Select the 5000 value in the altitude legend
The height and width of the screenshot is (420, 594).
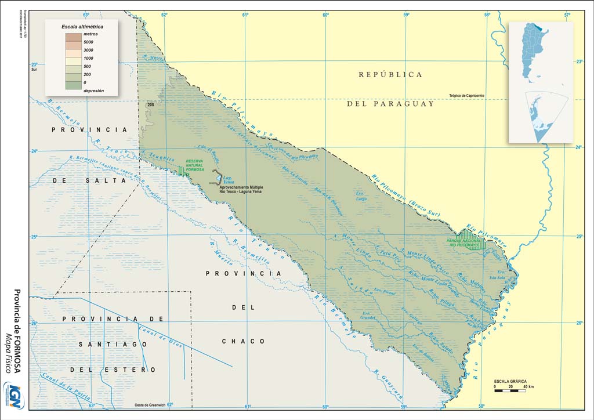[88, 42]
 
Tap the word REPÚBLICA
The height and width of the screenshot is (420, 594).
[390, 75]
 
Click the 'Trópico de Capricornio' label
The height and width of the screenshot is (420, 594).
[474, 96]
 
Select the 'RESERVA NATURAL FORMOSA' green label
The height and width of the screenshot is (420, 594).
[195, 165]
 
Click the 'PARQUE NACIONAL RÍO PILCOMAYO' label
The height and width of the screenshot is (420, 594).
[463, 243]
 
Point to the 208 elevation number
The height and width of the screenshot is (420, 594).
[151, 104]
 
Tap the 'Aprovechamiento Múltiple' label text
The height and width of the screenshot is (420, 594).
[241, 188]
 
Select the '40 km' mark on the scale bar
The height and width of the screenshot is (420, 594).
[528, 386]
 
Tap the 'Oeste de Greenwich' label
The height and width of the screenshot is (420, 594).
[150, 405]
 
